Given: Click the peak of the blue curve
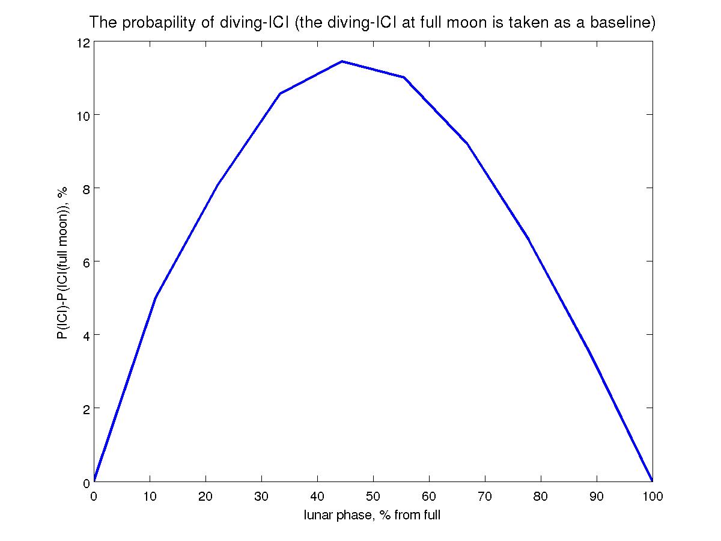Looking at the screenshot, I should (x=342, y=61).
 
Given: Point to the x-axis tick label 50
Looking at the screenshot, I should (x=373, y=497).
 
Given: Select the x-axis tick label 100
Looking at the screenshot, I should (x=652, y=497).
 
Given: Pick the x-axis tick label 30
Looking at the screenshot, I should (x=261, y=497).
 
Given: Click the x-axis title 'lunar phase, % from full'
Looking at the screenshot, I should (x=373, y=515).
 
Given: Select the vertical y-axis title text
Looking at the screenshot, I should (x=62, y=262).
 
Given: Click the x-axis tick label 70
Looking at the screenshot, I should (x=485, y=497).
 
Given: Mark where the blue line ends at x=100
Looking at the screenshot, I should (x=652, y=481).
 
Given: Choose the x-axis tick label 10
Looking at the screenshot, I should (x=150, y=497).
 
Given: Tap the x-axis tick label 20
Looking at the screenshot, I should (x=205, y=497).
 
